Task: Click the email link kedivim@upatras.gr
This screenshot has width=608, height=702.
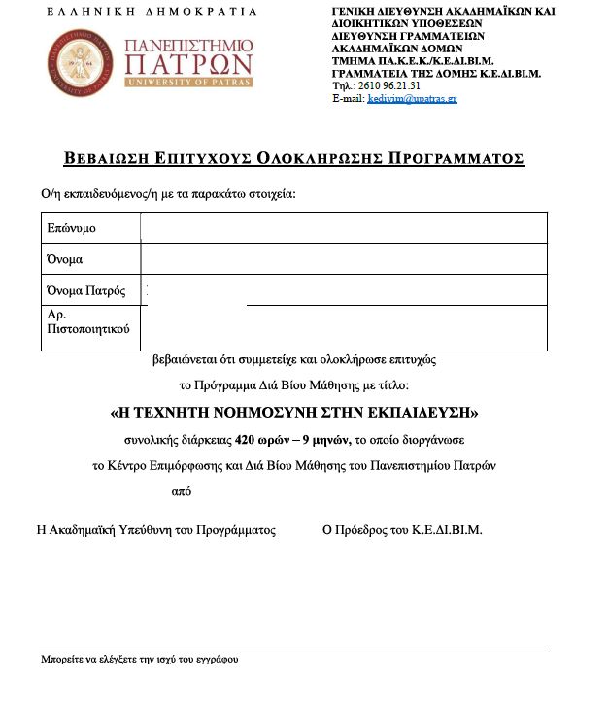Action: coord(409,99)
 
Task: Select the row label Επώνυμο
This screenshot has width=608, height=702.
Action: coord(71,228)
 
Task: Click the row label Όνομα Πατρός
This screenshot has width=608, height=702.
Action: coord(85,291)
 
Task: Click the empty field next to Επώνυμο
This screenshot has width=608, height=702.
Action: coord(342,228)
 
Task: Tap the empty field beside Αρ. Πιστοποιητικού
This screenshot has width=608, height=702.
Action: coord(342,328)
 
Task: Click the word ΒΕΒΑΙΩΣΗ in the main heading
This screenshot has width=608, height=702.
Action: coord(112,159)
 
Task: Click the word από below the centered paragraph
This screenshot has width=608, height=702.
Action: coord(180,491)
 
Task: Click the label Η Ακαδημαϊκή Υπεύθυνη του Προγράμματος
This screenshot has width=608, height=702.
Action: coord(155,530)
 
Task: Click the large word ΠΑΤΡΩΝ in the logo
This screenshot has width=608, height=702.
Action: coord(188,65)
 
